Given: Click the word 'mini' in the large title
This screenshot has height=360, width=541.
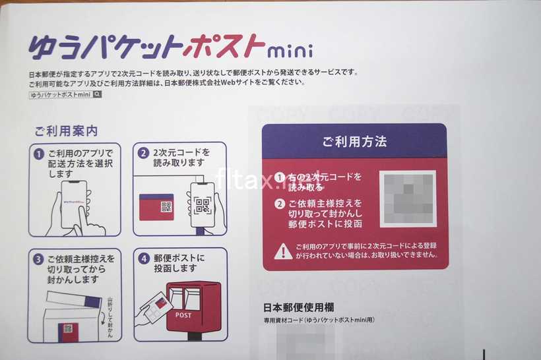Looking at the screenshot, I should point(291,50).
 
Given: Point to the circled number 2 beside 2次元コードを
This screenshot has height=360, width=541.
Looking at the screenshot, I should point(143,153).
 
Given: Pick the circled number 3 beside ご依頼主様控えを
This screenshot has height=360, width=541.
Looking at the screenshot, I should point(39,258).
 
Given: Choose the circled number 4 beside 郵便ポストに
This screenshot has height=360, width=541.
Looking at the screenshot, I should point(143,258).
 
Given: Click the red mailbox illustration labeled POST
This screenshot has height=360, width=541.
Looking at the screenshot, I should point(193,309).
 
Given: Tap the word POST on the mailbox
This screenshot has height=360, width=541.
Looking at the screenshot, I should point(184,315).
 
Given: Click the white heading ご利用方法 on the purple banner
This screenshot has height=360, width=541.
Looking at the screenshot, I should point(354,141).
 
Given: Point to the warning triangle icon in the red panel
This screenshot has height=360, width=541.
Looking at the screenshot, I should point(283,251).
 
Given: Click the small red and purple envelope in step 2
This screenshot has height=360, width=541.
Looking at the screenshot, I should point(156,206).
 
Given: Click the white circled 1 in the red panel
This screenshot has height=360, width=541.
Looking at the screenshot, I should point(280,177).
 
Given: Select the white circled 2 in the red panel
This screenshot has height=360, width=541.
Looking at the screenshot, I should point(280,203).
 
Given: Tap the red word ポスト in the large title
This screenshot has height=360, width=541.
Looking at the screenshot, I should point(225,47).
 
